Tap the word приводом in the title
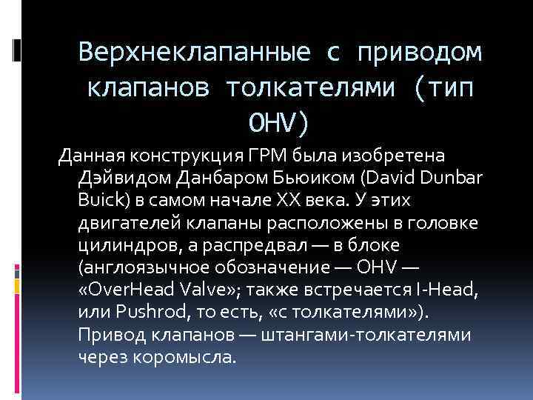click(x=419, y=53)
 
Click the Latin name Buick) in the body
click(x=101, y=201)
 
